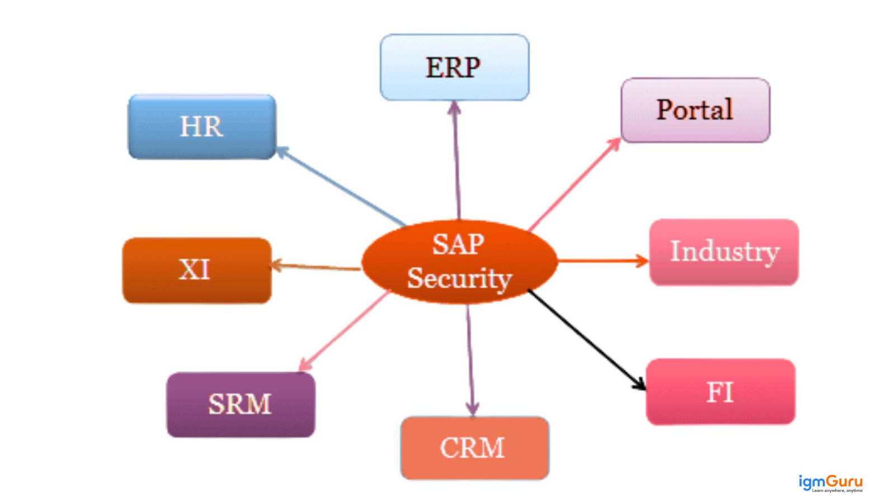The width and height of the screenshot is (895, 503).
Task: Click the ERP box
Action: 454,68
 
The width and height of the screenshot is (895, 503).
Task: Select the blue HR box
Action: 202,127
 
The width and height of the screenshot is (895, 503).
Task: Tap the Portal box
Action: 695,110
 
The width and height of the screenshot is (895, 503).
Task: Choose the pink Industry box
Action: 724,252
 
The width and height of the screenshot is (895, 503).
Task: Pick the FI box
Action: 720,392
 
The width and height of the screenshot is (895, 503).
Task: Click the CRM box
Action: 474,448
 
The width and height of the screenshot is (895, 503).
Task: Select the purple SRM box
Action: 241,405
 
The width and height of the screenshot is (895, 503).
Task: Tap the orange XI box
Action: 197,270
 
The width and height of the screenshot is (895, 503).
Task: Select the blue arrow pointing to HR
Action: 341,187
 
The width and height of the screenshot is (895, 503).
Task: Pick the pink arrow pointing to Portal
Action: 574,184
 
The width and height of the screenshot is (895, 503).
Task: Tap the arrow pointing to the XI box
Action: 316,267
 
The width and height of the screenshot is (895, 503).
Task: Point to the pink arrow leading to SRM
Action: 344,331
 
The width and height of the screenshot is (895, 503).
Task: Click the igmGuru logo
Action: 830,483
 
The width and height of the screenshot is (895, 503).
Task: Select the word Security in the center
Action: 459,278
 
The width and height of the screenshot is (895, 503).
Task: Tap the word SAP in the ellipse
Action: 458,244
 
